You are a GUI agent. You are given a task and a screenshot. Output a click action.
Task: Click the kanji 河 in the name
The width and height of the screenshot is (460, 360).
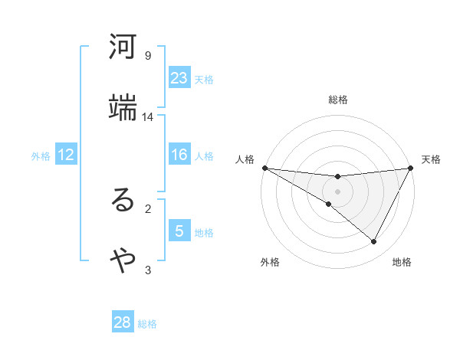(123, 48)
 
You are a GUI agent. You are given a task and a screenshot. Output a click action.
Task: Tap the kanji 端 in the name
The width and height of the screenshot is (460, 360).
(123, 108)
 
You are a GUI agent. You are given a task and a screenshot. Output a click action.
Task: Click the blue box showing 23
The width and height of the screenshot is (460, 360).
(179, 78)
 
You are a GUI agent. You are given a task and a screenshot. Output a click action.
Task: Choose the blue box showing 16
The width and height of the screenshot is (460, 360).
(179, 155)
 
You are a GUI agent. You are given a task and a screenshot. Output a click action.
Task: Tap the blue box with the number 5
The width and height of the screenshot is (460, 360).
(179, 231)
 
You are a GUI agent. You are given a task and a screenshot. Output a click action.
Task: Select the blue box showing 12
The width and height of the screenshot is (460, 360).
(66, 155)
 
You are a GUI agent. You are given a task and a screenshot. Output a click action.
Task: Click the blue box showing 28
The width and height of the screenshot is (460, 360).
(123, 322)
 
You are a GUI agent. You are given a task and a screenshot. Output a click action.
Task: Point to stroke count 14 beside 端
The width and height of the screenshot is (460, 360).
(148, 117)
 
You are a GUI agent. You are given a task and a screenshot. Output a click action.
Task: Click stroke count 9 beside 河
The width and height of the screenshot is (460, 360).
(148, 56)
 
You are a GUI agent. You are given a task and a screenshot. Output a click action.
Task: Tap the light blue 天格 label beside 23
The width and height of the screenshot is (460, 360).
(204, 79)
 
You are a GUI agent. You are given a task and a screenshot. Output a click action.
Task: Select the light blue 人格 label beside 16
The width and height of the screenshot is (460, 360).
(204, 155)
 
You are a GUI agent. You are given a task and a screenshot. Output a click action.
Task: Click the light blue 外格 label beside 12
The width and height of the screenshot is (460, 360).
(41, 155)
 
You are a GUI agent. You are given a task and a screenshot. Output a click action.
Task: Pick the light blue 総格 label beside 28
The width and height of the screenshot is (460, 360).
(147, 323)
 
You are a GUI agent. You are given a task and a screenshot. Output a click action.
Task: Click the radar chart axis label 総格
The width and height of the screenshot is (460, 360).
(338, 100)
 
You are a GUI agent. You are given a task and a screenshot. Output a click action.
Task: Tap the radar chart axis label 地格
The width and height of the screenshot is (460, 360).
(402, 262)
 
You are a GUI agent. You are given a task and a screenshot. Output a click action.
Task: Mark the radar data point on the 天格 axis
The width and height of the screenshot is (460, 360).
(411, 168)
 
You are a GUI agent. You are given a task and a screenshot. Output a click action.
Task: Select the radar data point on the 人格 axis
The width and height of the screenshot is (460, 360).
(264, 167)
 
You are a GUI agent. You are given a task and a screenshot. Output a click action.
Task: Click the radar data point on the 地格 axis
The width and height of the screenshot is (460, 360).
(374, 241)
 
